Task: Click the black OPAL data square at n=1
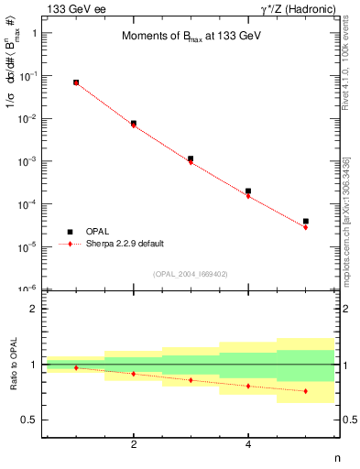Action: click(76, 82)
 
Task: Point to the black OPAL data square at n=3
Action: click(191, 158)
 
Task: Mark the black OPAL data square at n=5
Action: click(306, 221)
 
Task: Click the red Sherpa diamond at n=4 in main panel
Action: click(248, 196)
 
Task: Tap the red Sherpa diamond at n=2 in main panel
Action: click(134, 125)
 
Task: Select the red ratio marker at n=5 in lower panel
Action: click(306, 391)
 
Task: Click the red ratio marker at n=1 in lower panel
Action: click(76, 367)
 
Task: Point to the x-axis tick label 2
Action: click(134, 445)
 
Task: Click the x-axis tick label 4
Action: click(248, 445)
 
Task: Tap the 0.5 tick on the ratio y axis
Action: click(34, 420)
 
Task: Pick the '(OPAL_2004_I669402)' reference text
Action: click(189, 273)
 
